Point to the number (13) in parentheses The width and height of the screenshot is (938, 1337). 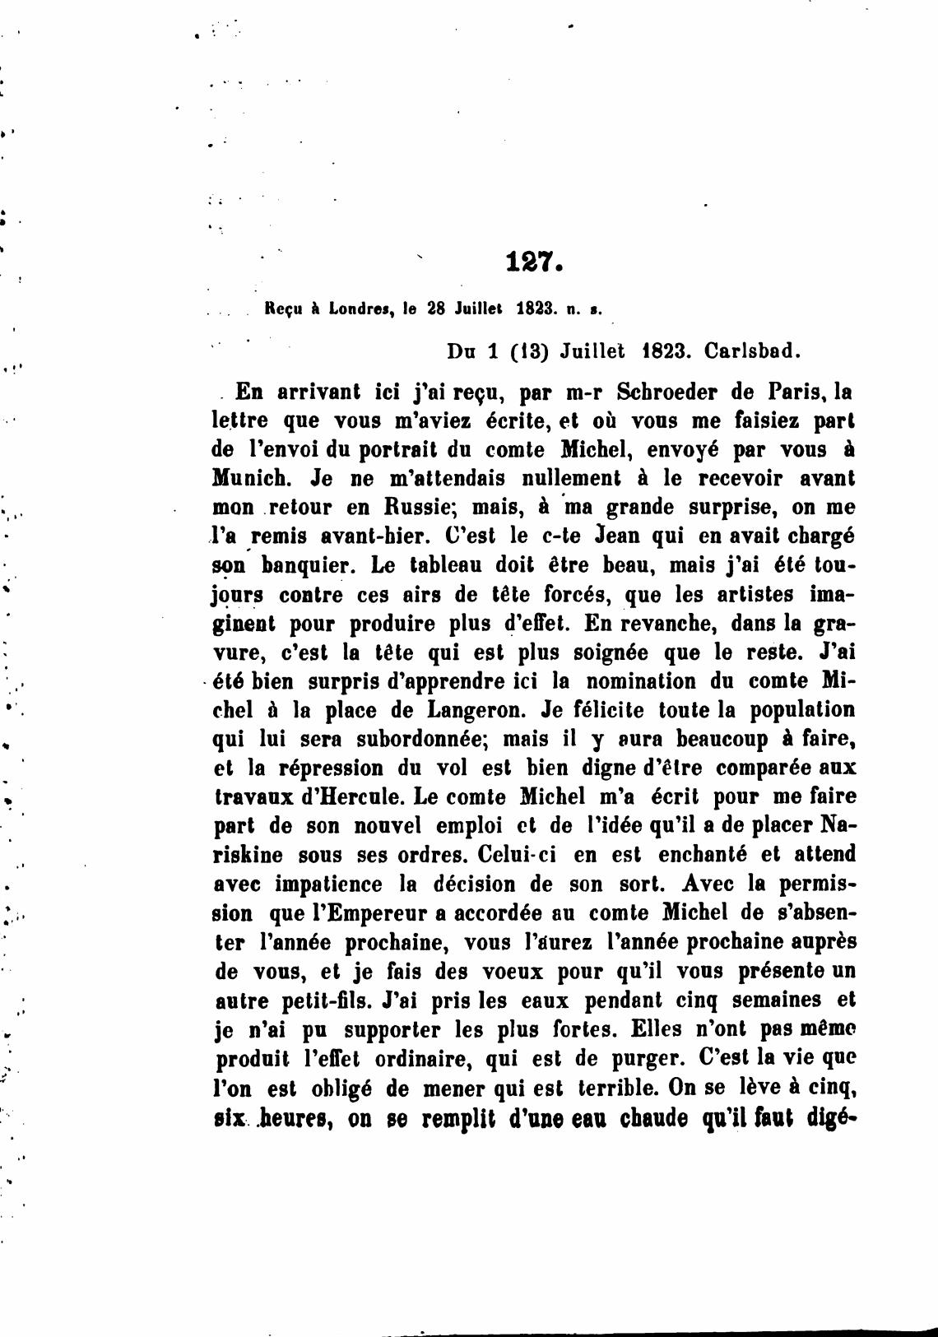pos(529,351)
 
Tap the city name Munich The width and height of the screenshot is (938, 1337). pos(252,478)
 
